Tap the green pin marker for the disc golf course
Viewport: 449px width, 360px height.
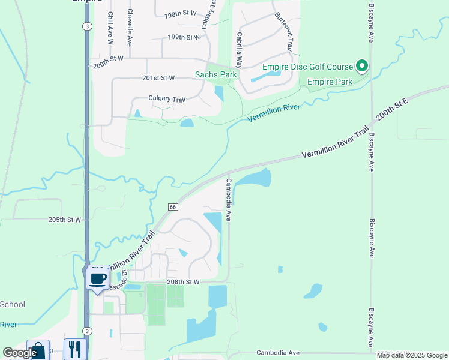tap(361, 65)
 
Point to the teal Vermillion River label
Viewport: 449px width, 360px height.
tap(274, 111)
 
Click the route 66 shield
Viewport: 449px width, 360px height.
tap(173, 206)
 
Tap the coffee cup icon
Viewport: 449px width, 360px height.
tap(98, 278)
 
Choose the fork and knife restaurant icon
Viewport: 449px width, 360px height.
tap(75, 349)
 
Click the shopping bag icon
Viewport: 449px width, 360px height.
tap(38, 350)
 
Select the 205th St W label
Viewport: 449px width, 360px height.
tap(65, 220)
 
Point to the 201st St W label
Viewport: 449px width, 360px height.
tap(159, 78)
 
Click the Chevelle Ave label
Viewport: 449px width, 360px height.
tap(129, 28)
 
